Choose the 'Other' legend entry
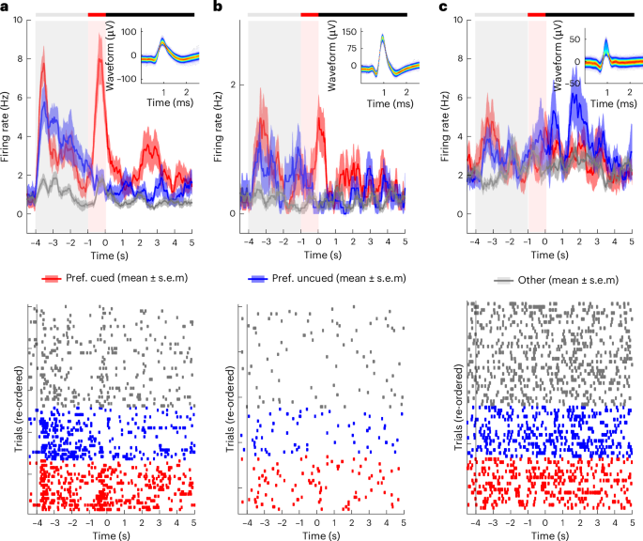click(528, 278)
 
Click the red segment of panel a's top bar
click(97, 15)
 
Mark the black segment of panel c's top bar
click(582, 15)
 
